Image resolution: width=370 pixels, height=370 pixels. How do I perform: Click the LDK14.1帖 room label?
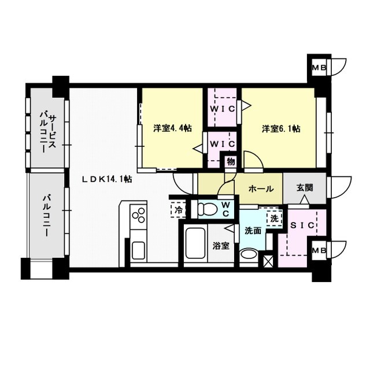107,179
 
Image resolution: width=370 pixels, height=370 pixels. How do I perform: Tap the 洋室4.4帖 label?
172,128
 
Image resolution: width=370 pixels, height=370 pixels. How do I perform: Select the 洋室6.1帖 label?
281,129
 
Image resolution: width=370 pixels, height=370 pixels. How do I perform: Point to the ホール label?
261,189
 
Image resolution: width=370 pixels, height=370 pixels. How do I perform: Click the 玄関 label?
305,187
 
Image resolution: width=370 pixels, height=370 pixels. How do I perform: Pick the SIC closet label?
302,225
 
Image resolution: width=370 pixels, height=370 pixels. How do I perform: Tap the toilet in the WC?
207,209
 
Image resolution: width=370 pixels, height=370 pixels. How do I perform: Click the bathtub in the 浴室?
195,243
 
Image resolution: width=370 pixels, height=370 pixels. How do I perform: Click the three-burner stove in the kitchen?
139,215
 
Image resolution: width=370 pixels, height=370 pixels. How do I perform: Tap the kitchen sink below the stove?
139,250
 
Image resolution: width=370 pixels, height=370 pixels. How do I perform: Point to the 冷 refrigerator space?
178,210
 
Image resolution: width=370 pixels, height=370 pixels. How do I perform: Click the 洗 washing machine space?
275,219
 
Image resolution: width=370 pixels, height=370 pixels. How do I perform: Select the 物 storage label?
231,162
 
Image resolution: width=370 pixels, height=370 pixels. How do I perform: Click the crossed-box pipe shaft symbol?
268,261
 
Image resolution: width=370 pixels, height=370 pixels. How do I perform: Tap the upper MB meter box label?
319,68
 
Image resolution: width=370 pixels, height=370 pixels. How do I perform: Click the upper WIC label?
223,109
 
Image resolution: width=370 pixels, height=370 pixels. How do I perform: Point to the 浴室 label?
221,246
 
